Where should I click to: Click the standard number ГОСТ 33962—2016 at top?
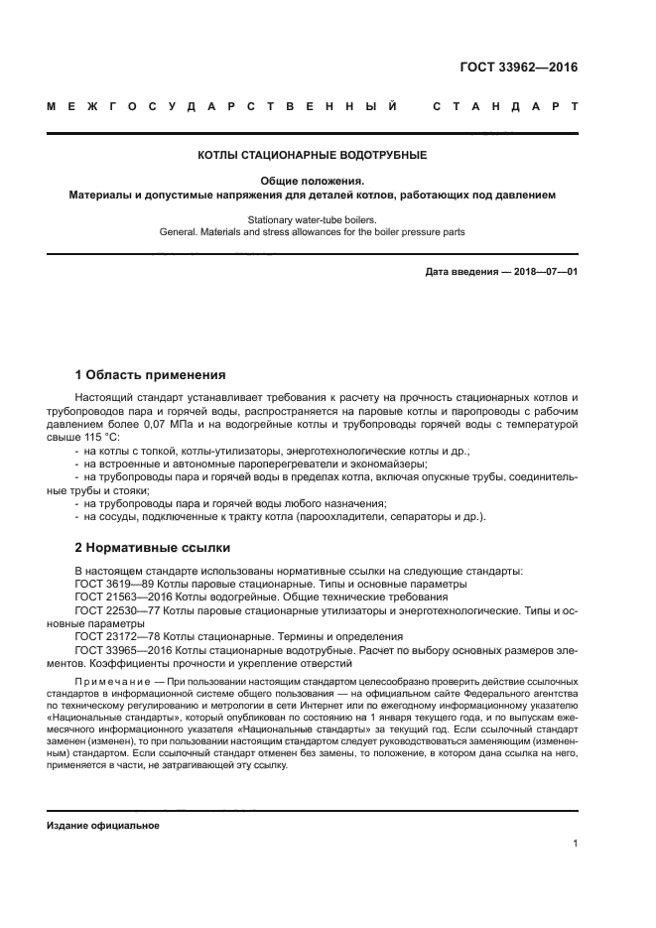pyautogui.click(x=519, y=68)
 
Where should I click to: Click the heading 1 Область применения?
pyautogui.click(x=150, y=375)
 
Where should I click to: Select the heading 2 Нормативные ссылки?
pyautogui.click(x=152, y=547)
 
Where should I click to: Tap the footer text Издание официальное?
pyautogui.click(x=103, y=826)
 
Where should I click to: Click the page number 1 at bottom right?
pyautogui.click(x=575, y=844)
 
